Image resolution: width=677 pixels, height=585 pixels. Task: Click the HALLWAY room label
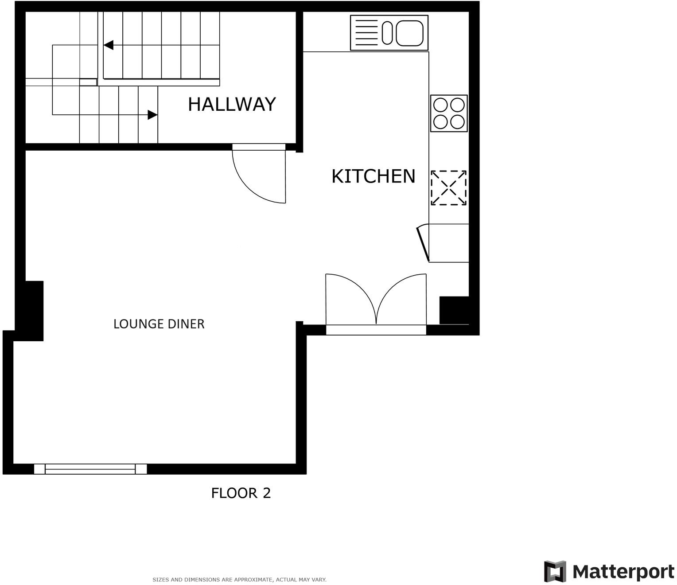(232, 104)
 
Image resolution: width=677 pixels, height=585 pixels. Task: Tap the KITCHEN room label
(373, 176)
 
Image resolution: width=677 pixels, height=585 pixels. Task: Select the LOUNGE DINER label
(159, 324)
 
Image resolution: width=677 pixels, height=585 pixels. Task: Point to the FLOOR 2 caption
(241, 493)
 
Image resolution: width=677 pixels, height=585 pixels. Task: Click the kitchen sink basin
(409, 33)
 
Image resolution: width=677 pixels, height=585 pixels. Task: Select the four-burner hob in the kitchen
(449, 113)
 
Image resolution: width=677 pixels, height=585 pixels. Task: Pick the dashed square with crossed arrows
(449, 188)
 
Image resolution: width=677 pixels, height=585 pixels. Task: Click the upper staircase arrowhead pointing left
(109, 45)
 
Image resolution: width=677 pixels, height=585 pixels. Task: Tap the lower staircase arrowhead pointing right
(152, 115)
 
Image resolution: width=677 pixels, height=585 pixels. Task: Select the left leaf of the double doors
(350, 297)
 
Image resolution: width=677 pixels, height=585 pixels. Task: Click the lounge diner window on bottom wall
(90, 469)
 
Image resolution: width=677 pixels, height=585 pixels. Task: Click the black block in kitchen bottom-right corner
(454, 310)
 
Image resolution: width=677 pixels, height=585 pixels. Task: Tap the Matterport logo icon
(555, 571)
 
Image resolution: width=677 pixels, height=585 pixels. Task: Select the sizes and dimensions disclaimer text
(239, 579)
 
